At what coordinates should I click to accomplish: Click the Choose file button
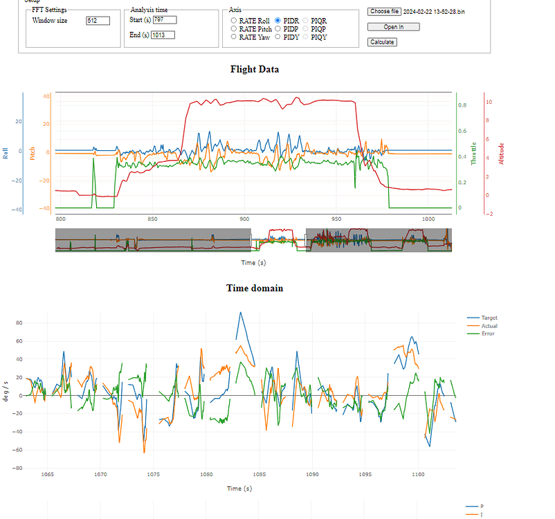point(384,12)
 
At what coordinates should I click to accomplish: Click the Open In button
point(384,27)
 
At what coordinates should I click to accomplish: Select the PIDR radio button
point(277,21)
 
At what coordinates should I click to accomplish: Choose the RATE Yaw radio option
point(234,37)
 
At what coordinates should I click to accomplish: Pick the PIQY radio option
point(306,37)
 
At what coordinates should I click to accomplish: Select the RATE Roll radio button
point(234,21)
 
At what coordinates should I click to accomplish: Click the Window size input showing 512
point(98,21)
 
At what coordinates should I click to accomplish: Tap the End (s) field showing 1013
point(163,35)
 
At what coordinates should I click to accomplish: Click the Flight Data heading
point(255,69)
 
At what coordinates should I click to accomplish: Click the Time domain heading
point(255,288)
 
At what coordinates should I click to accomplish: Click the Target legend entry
point(489,318)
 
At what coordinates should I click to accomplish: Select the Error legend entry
point(487,334)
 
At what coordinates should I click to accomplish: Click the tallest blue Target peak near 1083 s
point(240,313)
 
